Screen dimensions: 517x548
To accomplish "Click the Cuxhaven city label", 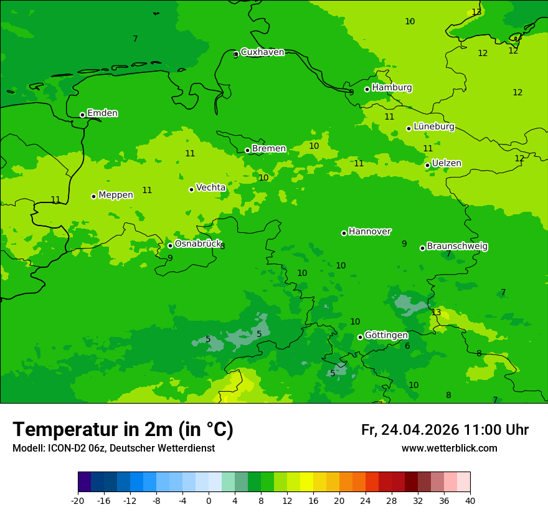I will pos(262,52).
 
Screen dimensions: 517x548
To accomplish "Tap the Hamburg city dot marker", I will pos(367,89).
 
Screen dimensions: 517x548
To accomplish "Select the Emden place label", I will pos(102,113).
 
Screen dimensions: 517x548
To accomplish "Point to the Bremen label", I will pos(269,148).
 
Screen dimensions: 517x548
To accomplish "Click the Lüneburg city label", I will pos(433,126).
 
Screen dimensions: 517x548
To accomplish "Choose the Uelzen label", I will pos(446,163).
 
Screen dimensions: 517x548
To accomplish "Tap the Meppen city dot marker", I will pos(94,196).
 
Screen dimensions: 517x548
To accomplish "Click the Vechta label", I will pos(210,187).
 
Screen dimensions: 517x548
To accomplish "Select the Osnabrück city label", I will pos(197,244).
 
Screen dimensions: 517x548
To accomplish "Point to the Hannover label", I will pos(369,231).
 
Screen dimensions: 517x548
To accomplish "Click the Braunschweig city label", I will pos(457,246).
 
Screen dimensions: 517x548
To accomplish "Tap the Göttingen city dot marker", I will pos(360,337).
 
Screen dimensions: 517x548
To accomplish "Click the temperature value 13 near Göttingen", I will pos(436,312).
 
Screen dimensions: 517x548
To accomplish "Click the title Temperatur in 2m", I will pos(123,429).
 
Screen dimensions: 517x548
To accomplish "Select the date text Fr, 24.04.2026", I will pos(410,430).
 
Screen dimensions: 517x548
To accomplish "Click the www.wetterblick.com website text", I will pos(449,448).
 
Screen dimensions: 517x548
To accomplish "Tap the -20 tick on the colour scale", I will pos(78,500).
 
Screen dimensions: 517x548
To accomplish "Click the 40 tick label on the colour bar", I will pos(470,500).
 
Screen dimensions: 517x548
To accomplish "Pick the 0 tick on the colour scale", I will pos(209,500).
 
